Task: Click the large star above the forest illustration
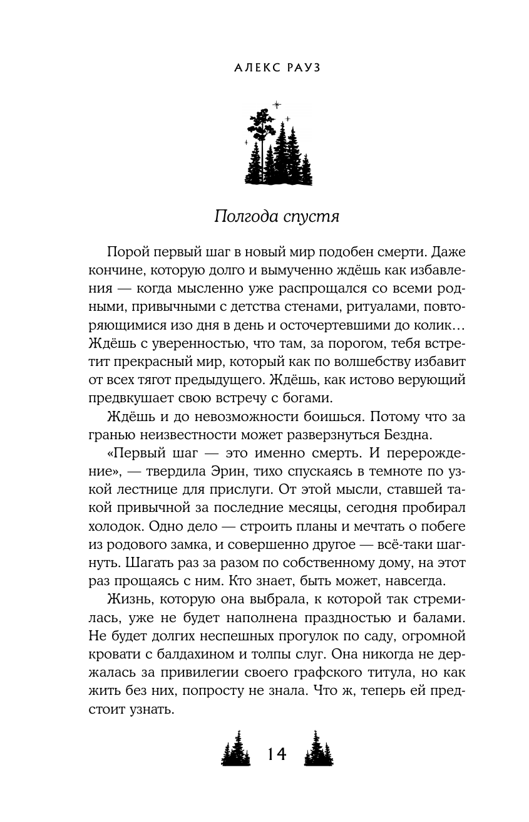[x=277, y=104]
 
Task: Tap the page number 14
[x=276, y=754]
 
